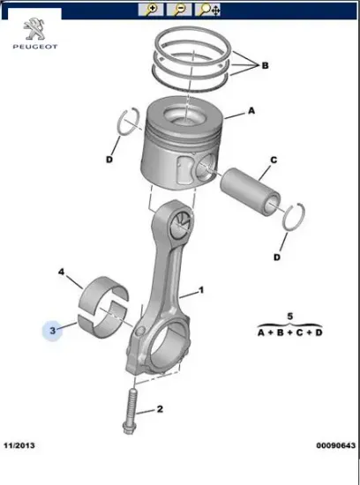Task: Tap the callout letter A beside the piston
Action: (252, 111)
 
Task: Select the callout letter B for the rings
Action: (265, 65)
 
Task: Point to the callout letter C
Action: (274, 160)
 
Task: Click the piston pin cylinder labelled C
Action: (251, 186)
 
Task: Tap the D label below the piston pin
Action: (276, 257)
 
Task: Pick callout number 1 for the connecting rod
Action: (202, 289)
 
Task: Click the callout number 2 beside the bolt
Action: (161, 409)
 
